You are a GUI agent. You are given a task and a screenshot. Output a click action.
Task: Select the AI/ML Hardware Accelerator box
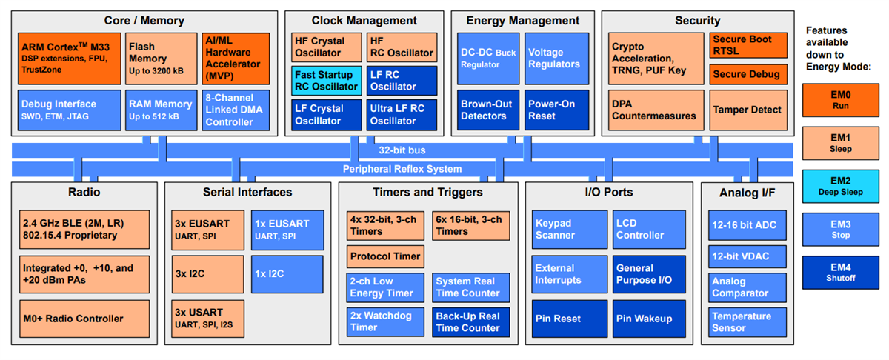(x=231, y=58)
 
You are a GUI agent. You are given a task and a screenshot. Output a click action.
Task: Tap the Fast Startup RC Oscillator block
(x=327, y=80)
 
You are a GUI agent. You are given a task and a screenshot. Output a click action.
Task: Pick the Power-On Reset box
(x=556, y=110)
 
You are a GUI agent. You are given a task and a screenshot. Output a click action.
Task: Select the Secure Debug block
(x=746, y=74)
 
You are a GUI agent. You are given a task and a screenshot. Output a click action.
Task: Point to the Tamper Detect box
(x=746, y=110)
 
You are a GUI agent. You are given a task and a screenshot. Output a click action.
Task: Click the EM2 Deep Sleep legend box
(x=841, y=184)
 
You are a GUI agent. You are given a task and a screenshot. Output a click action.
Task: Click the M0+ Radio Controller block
(x=84, y=319)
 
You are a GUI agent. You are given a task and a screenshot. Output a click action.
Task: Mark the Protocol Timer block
(x=385, y=256)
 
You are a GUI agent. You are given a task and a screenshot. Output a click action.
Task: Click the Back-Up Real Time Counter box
(x=470, y=322)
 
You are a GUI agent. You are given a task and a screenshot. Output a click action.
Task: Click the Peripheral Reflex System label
(x=402, y=169)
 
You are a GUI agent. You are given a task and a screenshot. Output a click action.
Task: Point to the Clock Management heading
(x=364, y=21)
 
